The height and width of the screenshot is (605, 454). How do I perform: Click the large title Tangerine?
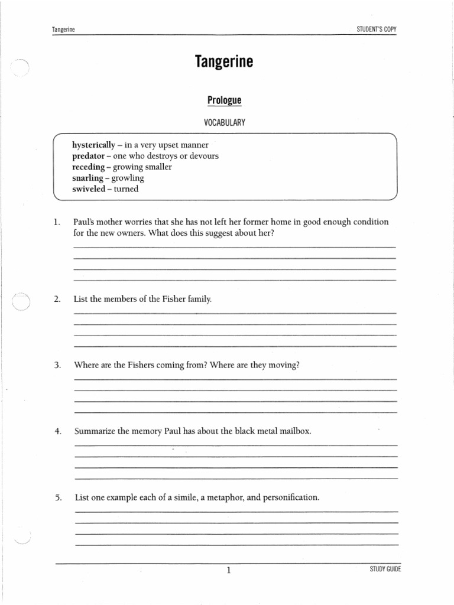click(223, 62)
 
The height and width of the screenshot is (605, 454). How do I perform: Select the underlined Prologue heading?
click(224, 100)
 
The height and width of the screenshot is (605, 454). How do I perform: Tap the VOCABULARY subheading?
click(224, 123)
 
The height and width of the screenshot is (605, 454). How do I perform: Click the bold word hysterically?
click(93, 145)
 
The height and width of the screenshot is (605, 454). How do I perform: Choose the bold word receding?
click(88, 167)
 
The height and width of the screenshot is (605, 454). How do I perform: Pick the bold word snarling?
click(87, 178)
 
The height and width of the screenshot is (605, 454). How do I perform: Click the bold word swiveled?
click(89, 189)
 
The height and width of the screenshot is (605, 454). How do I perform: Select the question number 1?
click(57, 222)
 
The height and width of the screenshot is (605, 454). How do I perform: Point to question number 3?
click(57, 365)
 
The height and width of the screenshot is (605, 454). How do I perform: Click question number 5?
click(57, 498)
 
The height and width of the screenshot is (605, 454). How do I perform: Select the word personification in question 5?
click(291, 497)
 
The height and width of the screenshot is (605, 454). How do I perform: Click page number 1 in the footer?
click(228, 570)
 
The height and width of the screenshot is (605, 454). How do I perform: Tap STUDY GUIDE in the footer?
click(385, 569)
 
